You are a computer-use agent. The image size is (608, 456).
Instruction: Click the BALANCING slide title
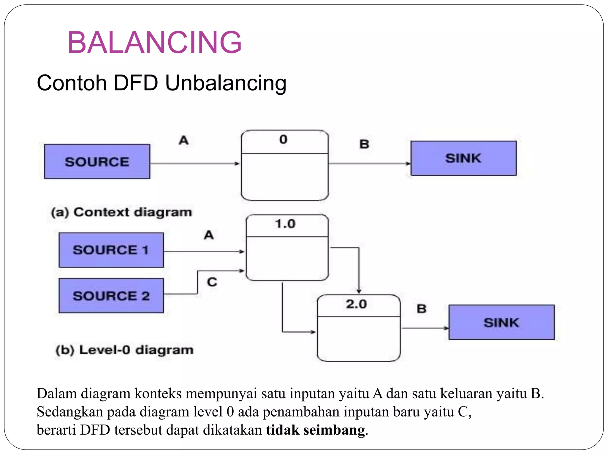tap(154, 42)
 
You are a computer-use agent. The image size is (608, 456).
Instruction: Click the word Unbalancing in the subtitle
tap(226, 83)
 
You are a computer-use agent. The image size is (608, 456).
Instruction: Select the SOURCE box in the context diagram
tap(97, 161)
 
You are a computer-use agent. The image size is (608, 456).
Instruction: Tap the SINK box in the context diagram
tap(463, 158)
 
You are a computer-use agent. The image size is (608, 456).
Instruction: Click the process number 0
tap(284, 140)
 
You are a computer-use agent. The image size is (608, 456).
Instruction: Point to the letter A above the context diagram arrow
tap(184, 140)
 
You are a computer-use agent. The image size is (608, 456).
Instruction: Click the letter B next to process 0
tap(364, 144)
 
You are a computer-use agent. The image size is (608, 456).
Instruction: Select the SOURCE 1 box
tap(111, 250)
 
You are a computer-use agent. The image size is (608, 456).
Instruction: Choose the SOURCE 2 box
tap(111, 296)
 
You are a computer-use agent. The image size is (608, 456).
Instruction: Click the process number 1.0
tap(285, 224)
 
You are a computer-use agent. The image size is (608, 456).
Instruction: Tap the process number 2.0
tap(356, 304)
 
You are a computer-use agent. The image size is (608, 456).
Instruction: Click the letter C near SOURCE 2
tap(212, 282)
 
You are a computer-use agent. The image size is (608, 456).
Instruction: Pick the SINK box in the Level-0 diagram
tap(501, 322)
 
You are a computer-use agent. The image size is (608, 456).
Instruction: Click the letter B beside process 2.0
tap(422, 309)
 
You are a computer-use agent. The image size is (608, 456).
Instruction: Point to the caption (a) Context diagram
tap(121, 212)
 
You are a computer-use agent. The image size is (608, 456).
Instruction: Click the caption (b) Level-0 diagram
tap(125, 350)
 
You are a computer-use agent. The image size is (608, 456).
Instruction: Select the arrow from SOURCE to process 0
tap(194, 164)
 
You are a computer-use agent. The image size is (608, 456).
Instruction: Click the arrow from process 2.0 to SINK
tap(425, 328)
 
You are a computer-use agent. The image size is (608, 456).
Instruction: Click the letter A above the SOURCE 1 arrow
tap(209, 235)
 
